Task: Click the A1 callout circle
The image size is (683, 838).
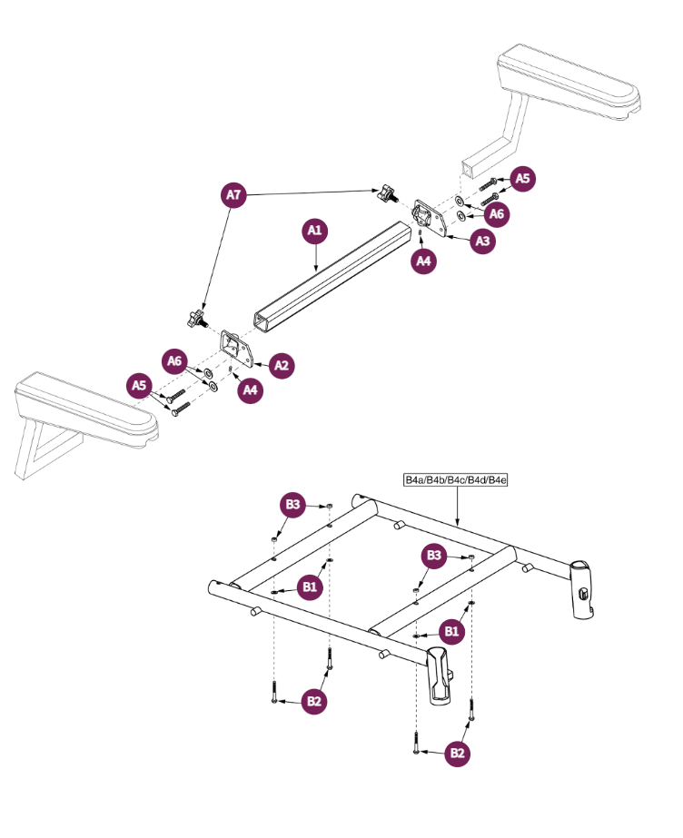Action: pyautogui.click(x=314, y=232)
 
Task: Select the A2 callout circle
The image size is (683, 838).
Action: pyautogui.click(x=282, y=366)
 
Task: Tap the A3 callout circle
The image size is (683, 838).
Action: pyautogui.click(x=483, y=242)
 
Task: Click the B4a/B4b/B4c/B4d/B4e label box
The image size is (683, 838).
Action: pyautogui.click(x=455, y=479)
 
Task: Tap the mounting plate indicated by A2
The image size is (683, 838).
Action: pyautogui.click(x=237, y=350)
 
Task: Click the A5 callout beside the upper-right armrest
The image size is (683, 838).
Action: pyautogui.click(x=522, y=179)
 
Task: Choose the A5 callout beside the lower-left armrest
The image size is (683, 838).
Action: pyautogui.click(x=139, y=386)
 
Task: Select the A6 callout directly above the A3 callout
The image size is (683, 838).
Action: pyautogui.click(x=496, y=213)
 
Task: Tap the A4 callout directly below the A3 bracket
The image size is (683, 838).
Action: pyautogui.click(x=423, y=261)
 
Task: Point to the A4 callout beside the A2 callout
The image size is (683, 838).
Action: pyautogui.click(x=249, y=390)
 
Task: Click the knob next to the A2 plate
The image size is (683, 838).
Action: pyautogui.click(x=193, y=320)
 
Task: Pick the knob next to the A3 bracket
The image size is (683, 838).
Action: pyautogui.click(x=388, y=192)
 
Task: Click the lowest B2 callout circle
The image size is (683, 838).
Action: pyautogui.click(x=458, y=753)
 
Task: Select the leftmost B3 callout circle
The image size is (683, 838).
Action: pyautogui.click(x=292, y=505)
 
